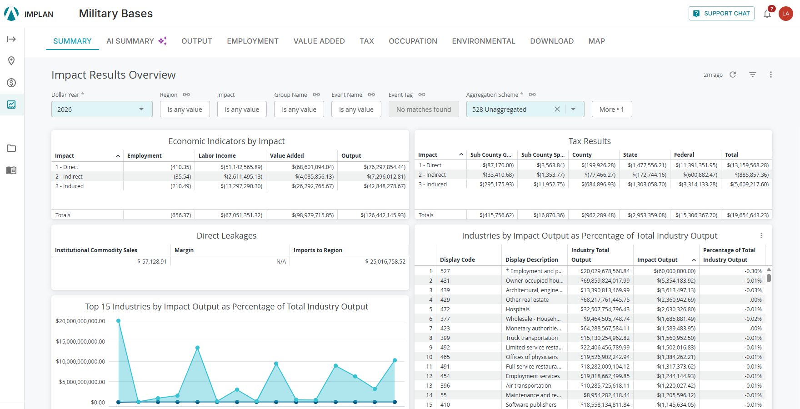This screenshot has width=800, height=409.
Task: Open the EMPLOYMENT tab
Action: [x=253, y=41]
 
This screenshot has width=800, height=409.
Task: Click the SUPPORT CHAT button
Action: [x=721, y=14]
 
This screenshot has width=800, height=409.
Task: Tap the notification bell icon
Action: [x=767, y=14]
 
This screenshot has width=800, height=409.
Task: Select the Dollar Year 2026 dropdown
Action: [x=102, y=109]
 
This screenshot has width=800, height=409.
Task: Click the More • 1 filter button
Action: [x=612, y=109]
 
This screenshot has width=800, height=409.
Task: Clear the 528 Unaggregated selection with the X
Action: [x=557, y=109]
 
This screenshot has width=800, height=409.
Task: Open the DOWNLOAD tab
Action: [x=552, y=41]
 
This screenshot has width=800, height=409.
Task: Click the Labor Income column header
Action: [x=217, y=155]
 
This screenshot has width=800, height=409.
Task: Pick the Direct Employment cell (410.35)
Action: [x=181, y=167]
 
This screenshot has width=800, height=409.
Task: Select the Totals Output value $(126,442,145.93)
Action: [x=383, y=215]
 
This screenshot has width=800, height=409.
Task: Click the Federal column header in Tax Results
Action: [x=684, y=155]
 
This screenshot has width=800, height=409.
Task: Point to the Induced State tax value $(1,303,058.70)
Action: [x=647, y=185]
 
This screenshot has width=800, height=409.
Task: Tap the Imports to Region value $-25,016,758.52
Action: [x=385, y=262]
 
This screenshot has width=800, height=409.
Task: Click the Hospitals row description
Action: [x=518, y=309]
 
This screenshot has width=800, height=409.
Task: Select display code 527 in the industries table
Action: [x=445, y=271]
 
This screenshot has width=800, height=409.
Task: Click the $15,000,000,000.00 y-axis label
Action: [x=80, y=341]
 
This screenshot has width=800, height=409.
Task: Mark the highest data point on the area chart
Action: [x=119, y=321]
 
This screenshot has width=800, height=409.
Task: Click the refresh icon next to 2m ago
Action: [x=733, y=75]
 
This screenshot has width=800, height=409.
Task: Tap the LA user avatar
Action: [x=786, y=14]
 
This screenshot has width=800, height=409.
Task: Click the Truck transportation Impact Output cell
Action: [x=676, y=338]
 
